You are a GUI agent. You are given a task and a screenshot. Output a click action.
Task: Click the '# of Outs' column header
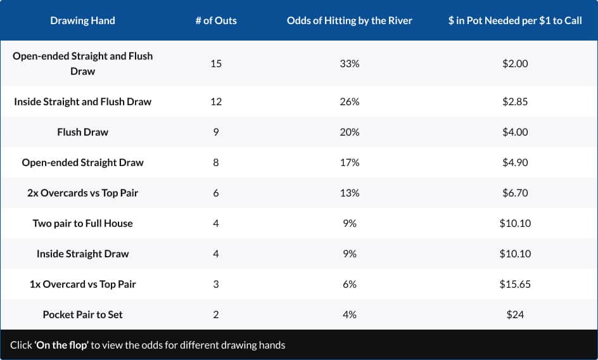click(216, 20)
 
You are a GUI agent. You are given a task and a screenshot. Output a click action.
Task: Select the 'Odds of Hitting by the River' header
click(349, 20)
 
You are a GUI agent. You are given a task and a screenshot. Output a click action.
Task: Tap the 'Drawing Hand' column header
click(82, 20)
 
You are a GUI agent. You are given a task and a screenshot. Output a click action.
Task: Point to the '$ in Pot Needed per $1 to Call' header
click(514, 20)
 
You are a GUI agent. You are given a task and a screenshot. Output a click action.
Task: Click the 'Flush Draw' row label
click(82, 132)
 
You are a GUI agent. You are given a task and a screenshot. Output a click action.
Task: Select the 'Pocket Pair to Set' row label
click(82, 314)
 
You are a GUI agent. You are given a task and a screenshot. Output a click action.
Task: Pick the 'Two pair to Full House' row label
click(82, 223)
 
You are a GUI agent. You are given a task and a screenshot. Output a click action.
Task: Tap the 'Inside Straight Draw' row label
click(82, 254)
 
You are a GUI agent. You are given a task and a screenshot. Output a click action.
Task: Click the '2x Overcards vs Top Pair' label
click(82, 193)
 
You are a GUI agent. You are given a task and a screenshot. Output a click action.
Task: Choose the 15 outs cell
click(216, 63)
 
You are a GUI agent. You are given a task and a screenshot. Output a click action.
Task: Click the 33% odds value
click(349, 63)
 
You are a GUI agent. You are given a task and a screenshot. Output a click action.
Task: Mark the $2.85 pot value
click(514, 101)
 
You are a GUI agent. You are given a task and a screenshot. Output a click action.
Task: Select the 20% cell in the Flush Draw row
click(349, 132)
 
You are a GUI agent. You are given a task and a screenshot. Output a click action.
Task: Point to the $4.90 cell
click(514, 162)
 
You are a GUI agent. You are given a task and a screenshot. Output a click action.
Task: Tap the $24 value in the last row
click(514, 314)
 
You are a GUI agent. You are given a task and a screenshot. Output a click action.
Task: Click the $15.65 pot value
click(514, 284)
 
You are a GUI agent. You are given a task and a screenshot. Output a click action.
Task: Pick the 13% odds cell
click(349, 193)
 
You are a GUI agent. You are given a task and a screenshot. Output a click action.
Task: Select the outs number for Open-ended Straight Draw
click(216, 162)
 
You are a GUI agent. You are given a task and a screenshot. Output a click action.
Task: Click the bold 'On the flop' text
click(61, 345)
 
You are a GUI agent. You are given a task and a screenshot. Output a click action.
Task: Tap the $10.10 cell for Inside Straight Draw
click(514, 254)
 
